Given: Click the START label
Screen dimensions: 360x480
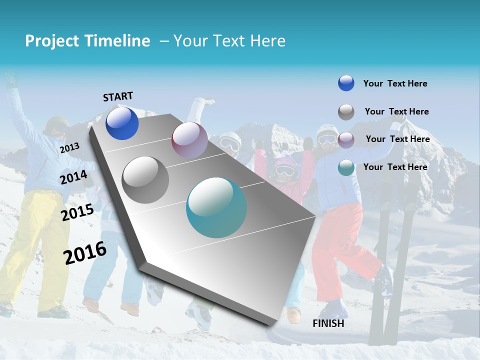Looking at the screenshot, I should coord(118,96).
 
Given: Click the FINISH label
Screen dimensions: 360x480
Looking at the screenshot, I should coord(328,323).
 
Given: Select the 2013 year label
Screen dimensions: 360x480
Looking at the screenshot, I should coord(70,147).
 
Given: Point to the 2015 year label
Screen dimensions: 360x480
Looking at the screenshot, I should coord(77,212).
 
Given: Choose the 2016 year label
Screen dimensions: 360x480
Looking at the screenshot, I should coord(85,252).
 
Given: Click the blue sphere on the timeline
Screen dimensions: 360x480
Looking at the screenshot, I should coord(122,123).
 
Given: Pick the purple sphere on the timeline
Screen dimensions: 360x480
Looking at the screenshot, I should coord(189,139).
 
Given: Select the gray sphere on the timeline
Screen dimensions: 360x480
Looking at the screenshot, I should coord(145,180).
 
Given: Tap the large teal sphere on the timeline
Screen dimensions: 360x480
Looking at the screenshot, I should coord(216,207).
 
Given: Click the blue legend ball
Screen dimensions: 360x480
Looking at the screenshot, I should coord(346,83).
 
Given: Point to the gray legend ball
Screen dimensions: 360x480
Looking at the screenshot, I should coord(346,112).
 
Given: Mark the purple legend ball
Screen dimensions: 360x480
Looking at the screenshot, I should coord(346,139).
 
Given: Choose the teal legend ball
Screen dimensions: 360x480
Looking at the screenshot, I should coord(346,167).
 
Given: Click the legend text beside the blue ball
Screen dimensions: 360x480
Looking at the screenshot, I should coord(395,83).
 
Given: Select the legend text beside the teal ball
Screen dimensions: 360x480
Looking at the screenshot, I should coord(395,167).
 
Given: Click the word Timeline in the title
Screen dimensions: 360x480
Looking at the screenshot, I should coord(117,41).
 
